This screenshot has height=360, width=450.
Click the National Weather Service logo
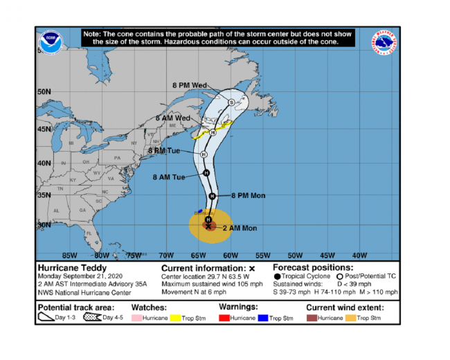[x=385, y=42]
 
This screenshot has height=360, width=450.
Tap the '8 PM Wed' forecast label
[x=190, y=85]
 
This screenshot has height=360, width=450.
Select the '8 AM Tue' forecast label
[x=169, y=177]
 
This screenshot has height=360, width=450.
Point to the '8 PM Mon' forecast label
[x=248, y=195]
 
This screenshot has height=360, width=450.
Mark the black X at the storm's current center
[x=208, y=226]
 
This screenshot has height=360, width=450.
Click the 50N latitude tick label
[x=45, y=91]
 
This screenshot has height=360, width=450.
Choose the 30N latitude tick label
[x=45, y=225]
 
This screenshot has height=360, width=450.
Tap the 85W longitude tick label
[x=69, y=254]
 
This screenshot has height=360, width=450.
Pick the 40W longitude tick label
[x=359, y=254]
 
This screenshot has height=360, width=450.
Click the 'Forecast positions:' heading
[x=313, y=267]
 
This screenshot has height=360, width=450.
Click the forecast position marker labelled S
[x=231, y=102]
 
